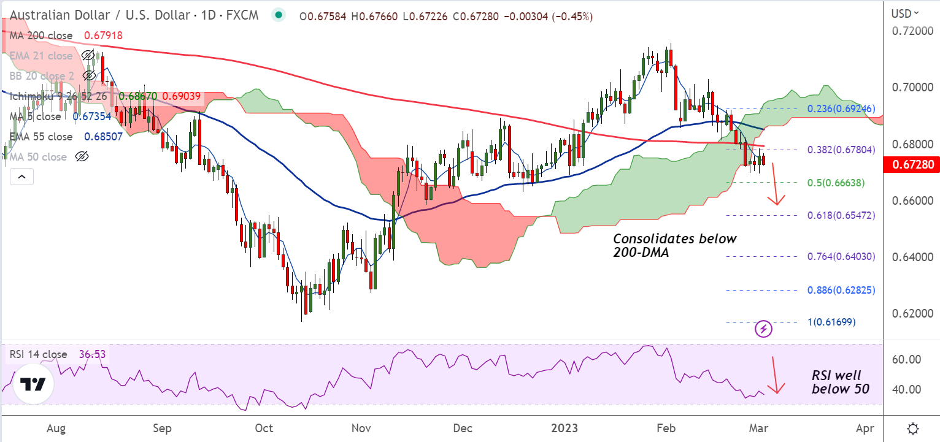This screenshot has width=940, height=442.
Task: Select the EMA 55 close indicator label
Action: [x=41, y=137]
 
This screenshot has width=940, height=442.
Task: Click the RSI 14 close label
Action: [x=38, y=354]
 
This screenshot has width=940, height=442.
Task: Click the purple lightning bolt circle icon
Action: [x=763, y=329]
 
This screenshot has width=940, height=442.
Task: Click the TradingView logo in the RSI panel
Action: [x=33, y=384]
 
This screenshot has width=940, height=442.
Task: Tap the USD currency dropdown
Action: [x=906, y=13]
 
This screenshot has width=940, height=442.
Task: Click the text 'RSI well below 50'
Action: [x=840, y=382]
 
